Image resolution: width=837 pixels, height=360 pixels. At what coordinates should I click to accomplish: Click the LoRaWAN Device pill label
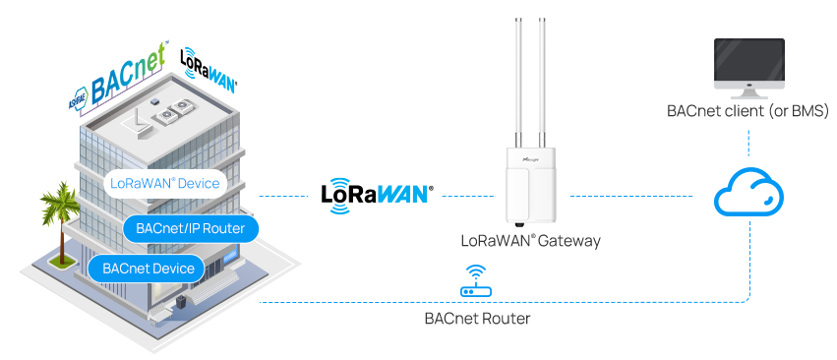(x=165, y=184)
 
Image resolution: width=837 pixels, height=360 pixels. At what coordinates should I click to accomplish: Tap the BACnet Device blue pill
(x=146, y=268)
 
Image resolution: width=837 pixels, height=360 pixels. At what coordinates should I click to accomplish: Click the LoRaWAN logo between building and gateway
(x=377, y=192)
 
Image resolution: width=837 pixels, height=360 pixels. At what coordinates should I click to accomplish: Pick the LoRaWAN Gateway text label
(x=530, y=240)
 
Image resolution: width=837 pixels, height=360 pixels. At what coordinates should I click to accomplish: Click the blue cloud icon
(x=748, y=194)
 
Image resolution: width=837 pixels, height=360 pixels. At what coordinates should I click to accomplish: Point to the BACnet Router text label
(x=477, y=319)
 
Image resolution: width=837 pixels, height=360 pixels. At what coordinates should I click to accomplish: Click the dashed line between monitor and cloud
(x=748, y=143)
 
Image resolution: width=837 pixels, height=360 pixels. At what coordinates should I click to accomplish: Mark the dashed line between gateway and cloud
(x=629, y=196)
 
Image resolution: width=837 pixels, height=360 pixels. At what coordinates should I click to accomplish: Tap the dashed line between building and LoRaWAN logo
(x=285, y=197)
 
